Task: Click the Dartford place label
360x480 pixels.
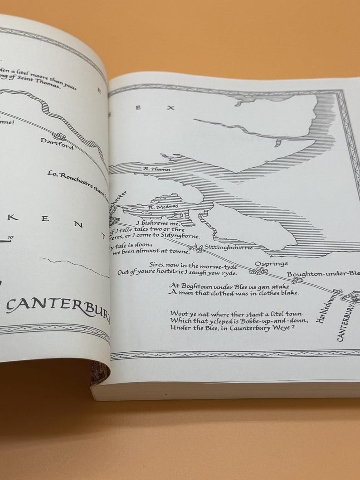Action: (x=57, y=144)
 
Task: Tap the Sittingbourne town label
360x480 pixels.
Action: (x=229, y=247)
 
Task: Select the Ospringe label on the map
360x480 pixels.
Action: (x=271, y=263)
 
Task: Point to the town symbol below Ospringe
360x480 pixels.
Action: (x=258, y=271)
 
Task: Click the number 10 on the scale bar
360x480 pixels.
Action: (x=10, y=237)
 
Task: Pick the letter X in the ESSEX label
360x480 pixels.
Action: (x=170, y=108)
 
